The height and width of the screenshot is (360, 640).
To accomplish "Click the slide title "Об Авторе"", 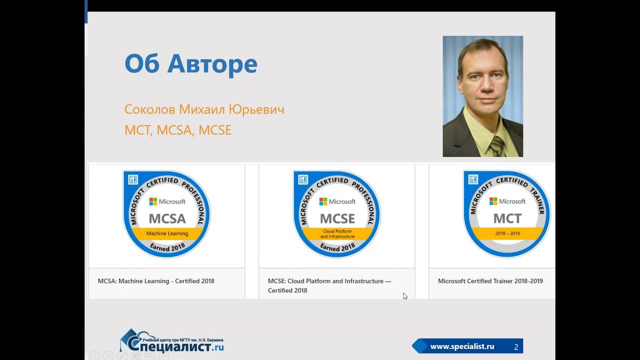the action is pyautogui.click(x=191, y=63).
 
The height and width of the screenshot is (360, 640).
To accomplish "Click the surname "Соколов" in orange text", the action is pyautogui.click(x=149, y=109).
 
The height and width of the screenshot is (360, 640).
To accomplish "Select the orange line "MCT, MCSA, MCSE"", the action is pyautogui.click(x=178, y=130).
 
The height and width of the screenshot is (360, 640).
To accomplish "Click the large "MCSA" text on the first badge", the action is pyautogui.click(x=167, y=219).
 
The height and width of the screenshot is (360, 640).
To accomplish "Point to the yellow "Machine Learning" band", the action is pyautogui.click(x=167, y=233).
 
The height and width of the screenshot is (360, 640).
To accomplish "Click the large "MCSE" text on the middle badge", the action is pyautogui.click(x=337, y=219).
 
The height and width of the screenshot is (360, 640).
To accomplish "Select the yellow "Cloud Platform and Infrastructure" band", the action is pyautogui.click(x=337, y=233).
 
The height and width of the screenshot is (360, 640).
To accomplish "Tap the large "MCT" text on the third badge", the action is pyautogui.click(x=507, y=218).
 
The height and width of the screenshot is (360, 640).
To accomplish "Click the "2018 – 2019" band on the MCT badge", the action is pyautogui.click(x=507, y=233).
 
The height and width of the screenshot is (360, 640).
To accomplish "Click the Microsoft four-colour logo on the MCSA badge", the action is pyautogui.click(x=153, y=201).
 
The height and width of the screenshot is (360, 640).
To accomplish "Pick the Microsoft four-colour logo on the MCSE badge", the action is pyautogui.click(x=323, y=201).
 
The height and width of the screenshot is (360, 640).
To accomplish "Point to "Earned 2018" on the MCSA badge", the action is pyautogui.click(x=167, y=247).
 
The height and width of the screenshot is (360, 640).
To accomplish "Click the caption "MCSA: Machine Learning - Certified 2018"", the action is pyautogui.click(x=156, y=281).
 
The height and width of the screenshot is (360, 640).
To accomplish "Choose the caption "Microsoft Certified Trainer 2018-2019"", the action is pyautogui.click(x=490, y=281).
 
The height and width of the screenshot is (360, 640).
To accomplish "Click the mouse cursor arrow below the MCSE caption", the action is pyautogui.click(x=405, y=296).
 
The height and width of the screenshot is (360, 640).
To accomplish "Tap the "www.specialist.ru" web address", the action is pyautogui.click(x=462, y=346).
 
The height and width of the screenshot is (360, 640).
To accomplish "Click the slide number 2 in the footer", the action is pyautogui.click(x=516, y=347).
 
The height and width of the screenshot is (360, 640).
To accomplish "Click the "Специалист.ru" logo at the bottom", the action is pyautogui.click(x=171, y=341).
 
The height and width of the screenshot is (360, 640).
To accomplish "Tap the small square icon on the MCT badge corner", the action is pyautogui.click(x=473, y=179).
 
